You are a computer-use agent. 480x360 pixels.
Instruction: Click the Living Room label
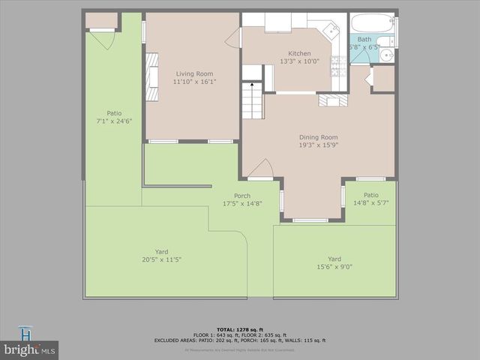click(194, 73)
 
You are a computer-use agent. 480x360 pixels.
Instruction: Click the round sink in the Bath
click(386, 55)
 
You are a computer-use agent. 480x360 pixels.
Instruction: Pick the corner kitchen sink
click(330, 31)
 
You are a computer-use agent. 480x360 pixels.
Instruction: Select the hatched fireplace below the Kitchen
click(332, 100)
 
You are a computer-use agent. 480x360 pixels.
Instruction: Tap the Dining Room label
click(319, 137)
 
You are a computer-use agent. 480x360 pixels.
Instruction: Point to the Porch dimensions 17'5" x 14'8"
click(236, 203)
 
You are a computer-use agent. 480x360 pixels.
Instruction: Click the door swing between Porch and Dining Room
click(260, 170)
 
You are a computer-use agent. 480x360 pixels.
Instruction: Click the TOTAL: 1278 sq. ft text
click(240, 329)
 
